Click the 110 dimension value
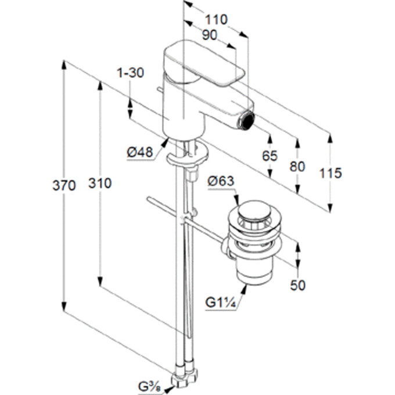coord(216,20)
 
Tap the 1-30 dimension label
coord(130,73)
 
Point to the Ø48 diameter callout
coord(139,152)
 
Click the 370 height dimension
coord(64,186)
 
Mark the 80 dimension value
coord(297,166)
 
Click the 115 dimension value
coord(331,173)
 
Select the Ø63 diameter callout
coord(220,182)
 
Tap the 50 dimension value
coord(297,285)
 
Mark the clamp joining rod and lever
coord(184,220)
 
